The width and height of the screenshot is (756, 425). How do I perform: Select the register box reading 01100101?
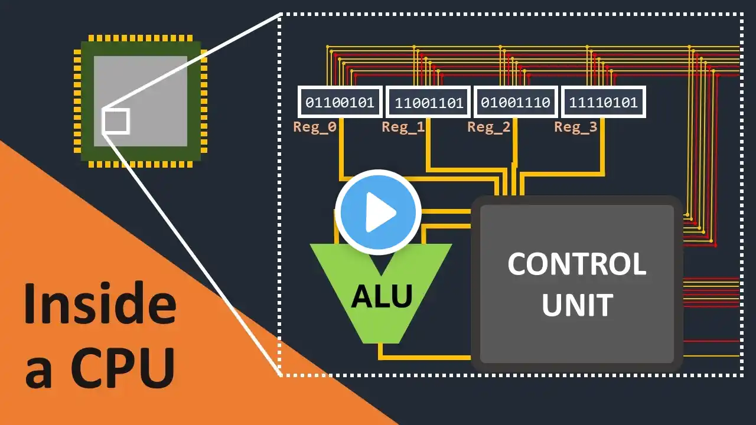point(340,103)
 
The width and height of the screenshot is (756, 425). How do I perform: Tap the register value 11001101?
point(428,103)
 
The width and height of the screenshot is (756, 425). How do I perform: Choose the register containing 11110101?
point(603,103)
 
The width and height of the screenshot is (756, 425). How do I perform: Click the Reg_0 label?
point(314,127)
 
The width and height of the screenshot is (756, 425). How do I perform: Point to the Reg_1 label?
point(403,127)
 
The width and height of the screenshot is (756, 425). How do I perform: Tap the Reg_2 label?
point(488,127)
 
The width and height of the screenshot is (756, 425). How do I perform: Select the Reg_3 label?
point(575,127)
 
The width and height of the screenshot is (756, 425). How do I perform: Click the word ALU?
point(382,295)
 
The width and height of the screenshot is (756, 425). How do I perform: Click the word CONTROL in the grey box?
point(576,264)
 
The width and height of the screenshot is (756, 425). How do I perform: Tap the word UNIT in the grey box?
point(576,305)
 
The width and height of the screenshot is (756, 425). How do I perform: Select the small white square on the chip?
point(115,122)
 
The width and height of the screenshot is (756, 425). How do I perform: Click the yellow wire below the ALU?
point(425,357)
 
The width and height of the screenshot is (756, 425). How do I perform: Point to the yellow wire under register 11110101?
point(602,148)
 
